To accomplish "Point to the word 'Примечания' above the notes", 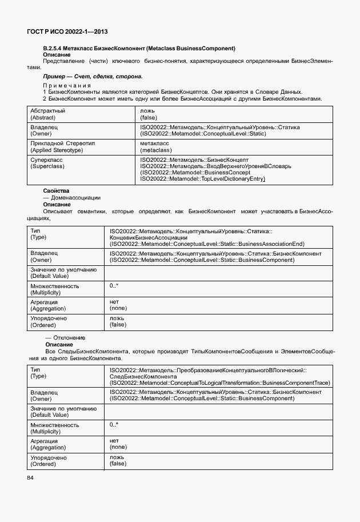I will [67, 85].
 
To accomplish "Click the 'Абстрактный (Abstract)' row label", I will [48, 113].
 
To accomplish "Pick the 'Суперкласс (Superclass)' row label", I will [47, 163].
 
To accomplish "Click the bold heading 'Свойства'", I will [56, 190].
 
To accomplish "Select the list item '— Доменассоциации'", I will [72, 197].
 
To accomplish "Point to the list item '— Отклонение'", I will [65, 337].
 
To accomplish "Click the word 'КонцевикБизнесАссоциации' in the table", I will [147, 237].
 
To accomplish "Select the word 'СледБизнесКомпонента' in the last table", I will [143, 377].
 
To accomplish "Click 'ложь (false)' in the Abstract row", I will [149, 113].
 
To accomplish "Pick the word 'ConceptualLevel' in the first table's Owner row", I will [209, 133].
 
